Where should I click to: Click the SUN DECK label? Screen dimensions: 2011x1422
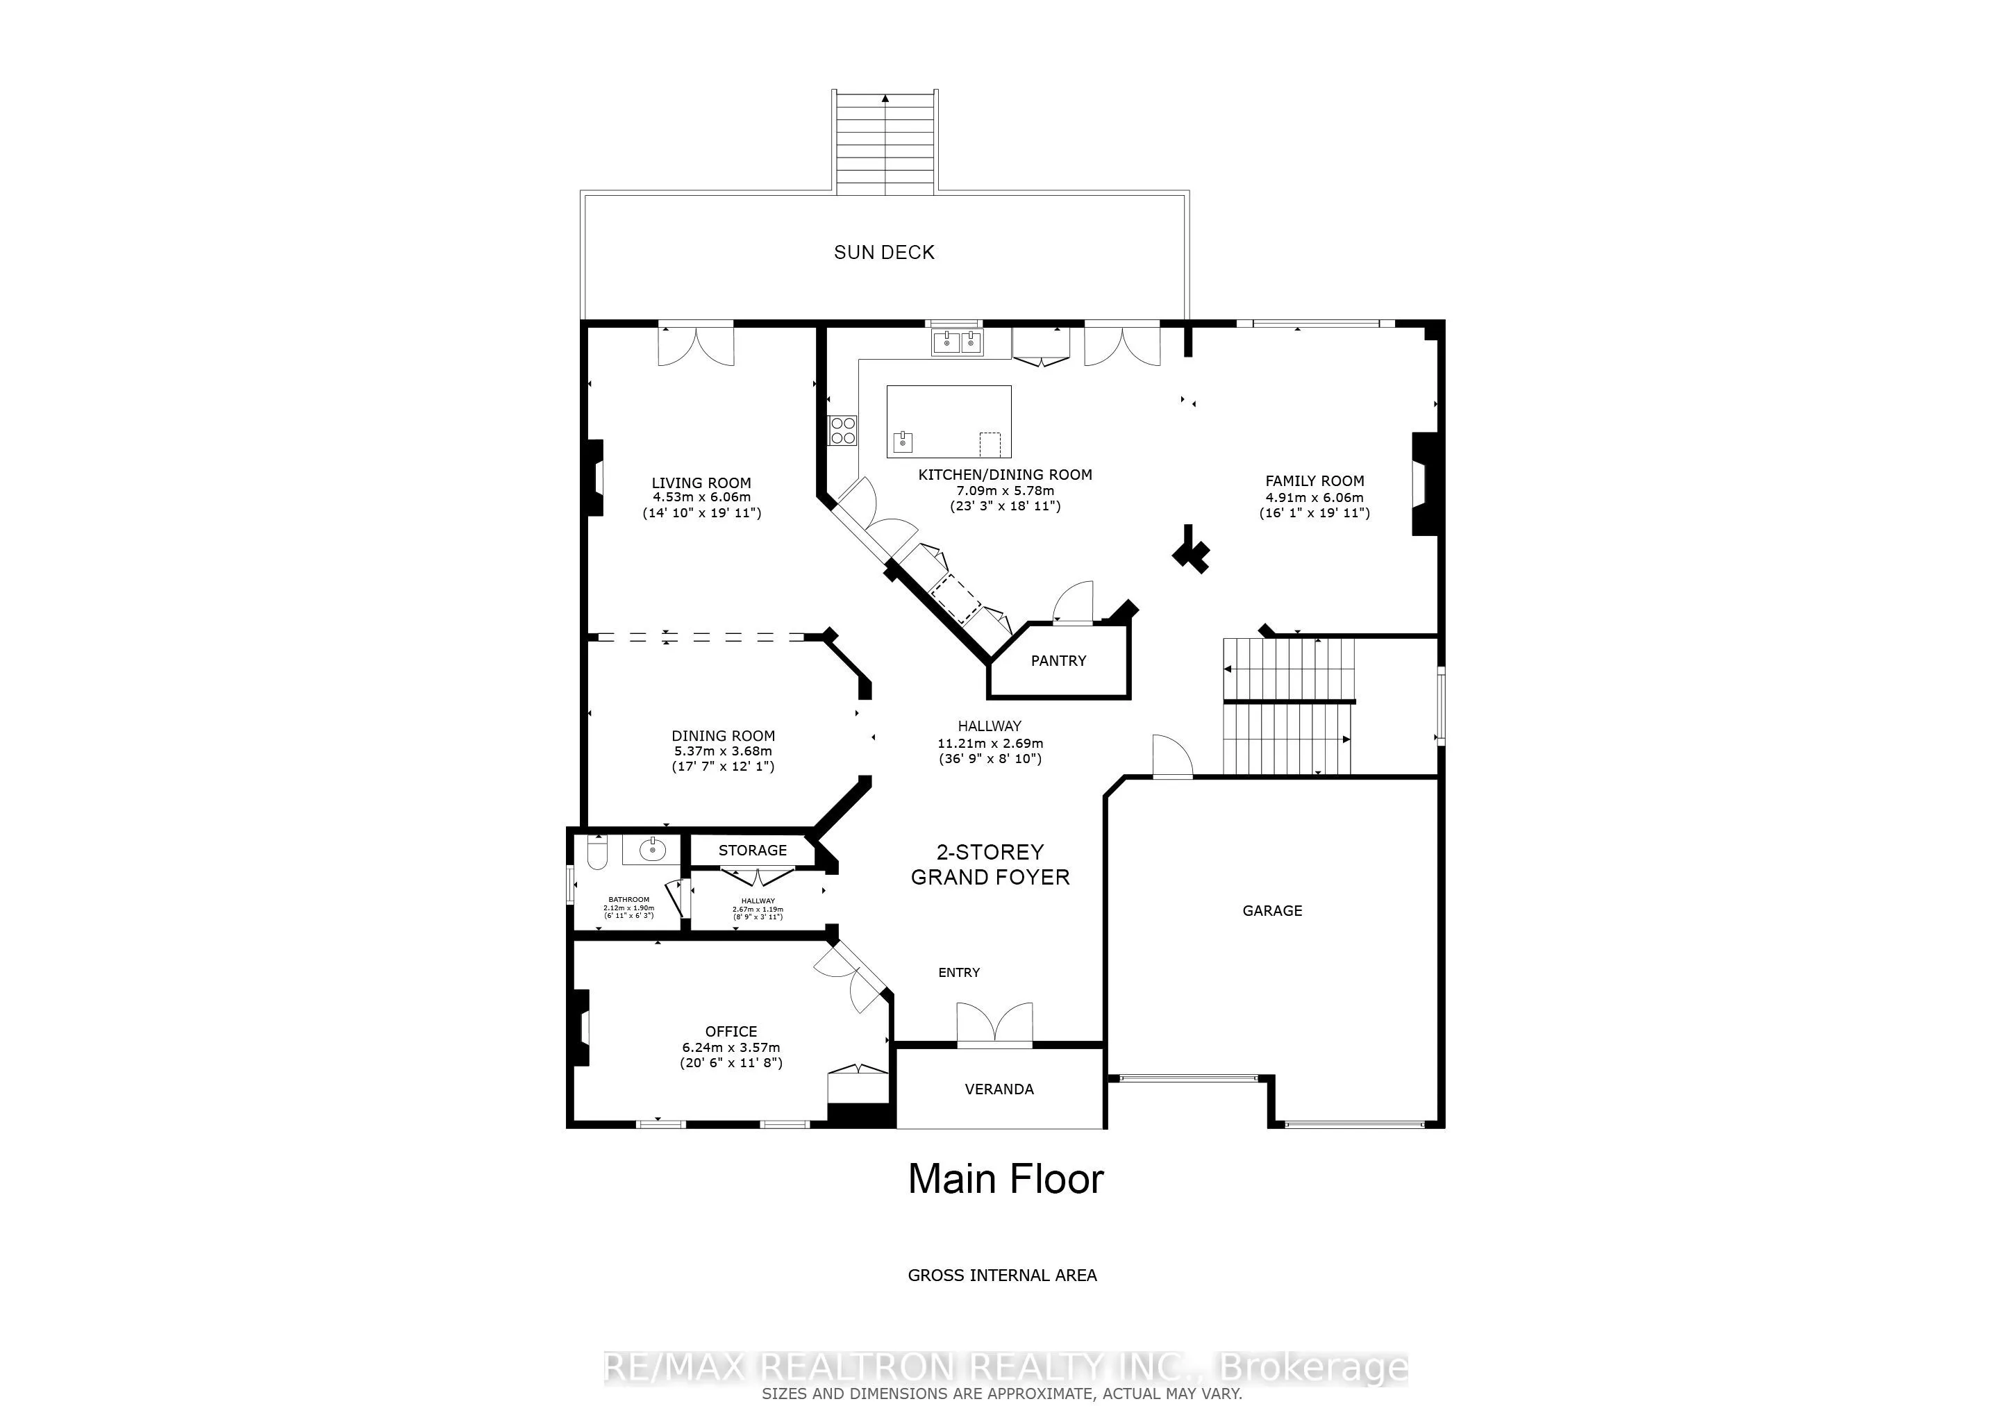pyautogui.click(x=884, y=252)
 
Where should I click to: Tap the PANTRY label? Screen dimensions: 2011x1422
pyautogui.click(x=1058, y=661)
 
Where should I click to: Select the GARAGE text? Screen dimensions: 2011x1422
pyautogui.click(x=1271, y=911)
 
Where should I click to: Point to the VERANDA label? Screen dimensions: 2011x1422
pyautogui.click(x=999, y=1089)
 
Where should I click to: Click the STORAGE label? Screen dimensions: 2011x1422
pyautogui.click(x=752, y=851)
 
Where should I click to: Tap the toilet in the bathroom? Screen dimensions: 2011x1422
pyautogui.click(x=596, y=852)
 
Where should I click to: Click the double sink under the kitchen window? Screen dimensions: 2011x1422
pyautogui.click(x=958, y=342)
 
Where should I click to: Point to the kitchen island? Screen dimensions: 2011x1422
pyautogui.click(x=949, y=421)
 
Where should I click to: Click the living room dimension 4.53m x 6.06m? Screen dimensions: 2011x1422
pyautogui.click(x=701, y=497)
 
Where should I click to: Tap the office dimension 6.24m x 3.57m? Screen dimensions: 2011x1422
pyautogui.click(x=731, y=1047)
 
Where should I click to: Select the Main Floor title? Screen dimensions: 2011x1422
pyautogui.click(x=1005, y=1180)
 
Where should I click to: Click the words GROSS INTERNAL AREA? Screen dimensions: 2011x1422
pyautogui.click(x=1002, y=1275)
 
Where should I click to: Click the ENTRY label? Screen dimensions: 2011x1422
pyautogui.click(x=959, y=973)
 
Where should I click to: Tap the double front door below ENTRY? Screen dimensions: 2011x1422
pyautogui.click(x=994, y=1024)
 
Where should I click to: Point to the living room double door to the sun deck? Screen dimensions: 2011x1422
pyautogui.click(x=696, y=346)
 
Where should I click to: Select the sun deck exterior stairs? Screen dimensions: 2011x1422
pyautogui.click(x=885, y=142)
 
